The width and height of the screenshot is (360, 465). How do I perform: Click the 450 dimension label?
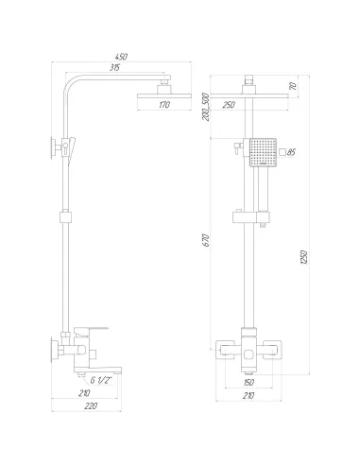tap(121, 57)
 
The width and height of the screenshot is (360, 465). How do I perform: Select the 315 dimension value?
tap(114, 67)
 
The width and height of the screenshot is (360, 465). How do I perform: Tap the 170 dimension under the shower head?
tap(164, 105)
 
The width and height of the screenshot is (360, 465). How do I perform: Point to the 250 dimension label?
tap(229, 105)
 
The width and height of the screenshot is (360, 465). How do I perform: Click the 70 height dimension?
tap(293, 86)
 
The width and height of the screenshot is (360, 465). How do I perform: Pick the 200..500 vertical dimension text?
tap(206, 107)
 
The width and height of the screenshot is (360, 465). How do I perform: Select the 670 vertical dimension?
tap(206, 240)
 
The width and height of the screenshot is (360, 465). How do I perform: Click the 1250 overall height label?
tap(304, 257)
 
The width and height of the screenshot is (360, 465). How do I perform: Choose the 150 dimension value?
tap(249, 382)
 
